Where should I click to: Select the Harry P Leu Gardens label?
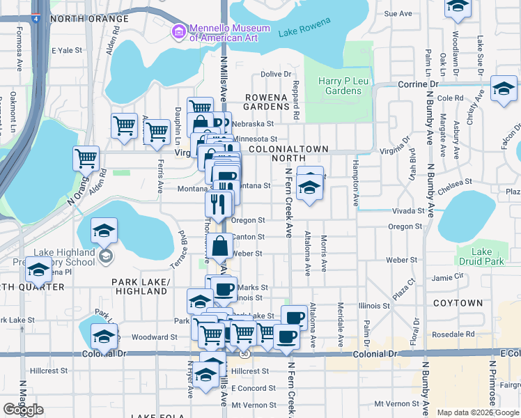click(x=340, y=86)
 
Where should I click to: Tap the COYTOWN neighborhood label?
click(x=458, y=303)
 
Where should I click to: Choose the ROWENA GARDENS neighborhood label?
click(x=266, y=102)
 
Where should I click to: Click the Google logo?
click(x=23, y=410)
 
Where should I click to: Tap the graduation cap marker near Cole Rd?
click(x=503, y=88)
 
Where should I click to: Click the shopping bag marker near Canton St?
click(x=220, y=246)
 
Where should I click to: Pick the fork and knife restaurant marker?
click(x=218, y=203)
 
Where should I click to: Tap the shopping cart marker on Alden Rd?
click(x=86, y=157)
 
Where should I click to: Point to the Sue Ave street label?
click(x=398, y=13)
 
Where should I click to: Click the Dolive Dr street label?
click(x=276, y=74)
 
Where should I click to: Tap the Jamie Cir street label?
click(x=447, y=277)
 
